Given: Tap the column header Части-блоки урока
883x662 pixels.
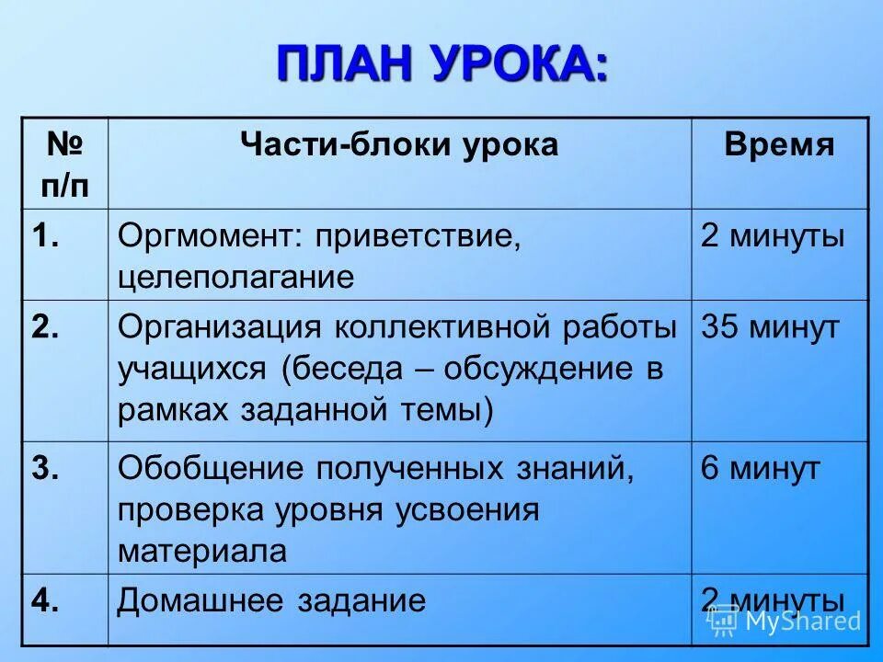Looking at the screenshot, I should coord(399,146).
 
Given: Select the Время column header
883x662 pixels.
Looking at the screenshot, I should coord(779,146).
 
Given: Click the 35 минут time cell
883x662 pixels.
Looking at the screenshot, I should coord(771,328).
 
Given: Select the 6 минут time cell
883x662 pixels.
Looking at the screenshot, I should coord(761,468).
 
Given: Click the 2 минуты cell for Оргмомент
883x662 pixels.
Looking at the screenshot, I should coord(773,236).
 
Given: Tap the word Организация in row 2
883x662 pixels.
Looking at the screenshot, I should coord(219,328).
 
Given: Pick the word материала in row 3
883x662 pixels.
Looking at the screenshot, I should coord(202,551).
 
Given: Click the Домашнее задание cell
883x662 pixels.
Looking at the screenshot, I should coord(271,600).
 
